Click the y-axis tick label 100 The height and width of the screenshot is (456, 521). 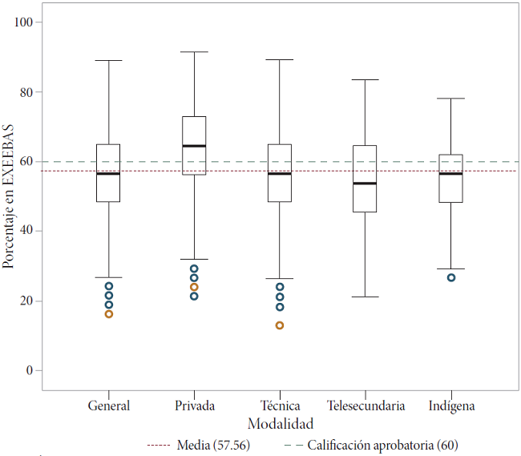(x=22, y=22)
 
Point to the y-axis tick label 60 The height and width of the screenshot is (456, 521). (x=25, y=161)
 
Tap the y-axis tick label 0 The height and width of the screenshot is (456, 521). (x=28, y=370)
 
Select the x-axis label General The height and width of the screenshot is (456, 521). (x=109, y=406)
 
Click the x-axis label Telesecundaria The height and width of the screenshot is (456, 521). (x=366, y=406)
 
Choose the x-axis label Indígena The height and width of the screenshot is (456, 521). (x=451, y=406)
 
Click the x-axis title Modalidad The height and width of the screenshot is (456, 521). (x=280, y=423)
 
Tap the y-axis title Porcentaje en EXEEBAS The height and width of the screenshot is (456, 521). (x=9, y=196)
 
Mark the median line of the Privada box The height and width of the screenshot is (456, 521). (x=194, y=146)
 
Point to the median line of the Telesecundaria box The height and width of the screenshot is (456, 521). (x=365, y=184)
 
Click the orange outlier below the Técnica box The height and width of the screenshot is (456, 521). (x=280, y=325)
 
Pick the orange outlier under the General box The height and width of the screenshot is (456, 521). (x=109, y=314)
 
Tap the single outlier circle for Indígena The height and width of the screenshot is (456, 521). (x=451, y=277)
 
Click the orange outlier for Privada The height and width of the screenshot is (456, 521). (x=194, y=287)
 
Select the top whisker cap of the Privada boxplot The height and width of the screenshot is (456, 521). (x=194, y=52)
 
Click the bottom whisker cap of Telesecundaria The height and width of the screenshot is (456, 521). (x=365, y=297)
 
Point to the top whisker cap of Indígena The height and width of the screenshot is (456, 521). (x=451, y=99)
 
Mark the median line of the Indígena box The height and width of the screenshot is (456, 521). (x=451, y=173)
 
